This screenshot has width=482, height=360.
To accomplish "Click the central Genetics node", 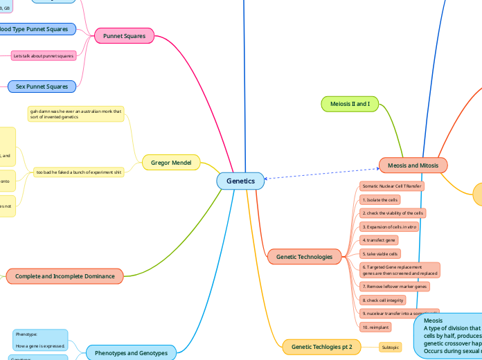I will click(240, 181).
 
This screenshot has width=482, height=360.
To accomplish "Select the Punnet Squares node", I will click(124, 36).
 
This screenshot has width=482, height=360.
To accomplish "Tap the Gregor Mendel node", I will click(170, 163).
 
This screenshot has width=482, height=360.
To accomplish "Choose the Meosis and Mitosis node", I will click(413, 165).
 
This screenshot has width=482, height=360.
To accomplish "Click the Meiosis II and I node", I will click(350, 104).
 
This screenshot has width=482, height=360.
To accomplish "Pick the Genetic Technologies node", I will click(304, 257).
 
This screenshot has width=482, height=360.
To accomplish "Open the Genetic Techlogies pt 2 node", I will click(321, 346).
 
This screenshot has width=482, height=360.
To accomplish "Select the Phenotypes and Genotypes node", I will click(132, 353).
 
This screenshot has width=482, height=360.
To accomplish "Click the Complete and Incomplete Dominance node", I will click(65, 276).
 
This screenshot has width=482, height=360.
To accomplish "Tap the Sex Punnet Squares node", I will click(42, 87).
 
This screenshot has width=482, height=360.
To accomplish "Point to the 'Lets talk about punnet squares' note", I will click(44, 55).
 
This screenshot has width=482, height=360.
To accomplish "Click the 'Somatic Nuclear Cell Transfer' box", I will click(391, 186).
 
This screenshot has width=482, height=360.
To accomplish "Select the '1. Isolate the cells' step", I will click(380, 199).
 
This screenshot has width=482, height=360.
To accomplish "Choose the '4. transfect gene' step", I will click(379, 240).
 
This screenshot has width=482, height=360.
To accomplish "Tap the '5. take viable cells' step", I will click(380, 254).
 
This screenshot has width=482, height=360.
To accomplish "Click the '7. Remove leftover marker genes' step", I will click(395, 286).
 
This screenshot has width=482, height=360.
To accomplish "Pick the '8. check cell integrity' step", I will click(384, 300).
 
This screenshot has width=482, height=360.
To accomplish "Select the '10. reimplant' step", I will click(375, 326).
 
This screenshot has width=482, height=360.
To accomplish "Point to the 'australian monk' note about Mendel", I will click(76, 114).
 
